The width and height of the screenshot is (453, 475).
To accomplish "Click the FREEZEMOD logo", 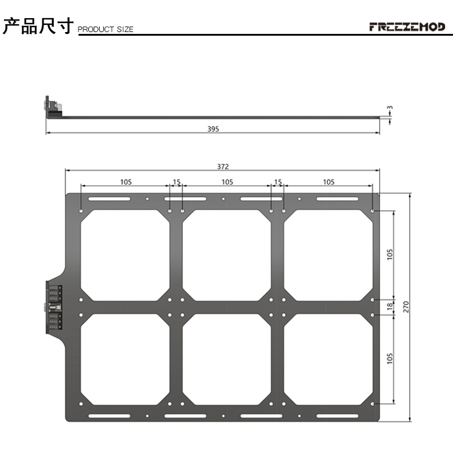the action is tap(407, 27).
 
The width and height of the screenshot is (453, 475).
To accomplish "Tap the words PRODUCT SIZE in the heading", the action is tap(106, 30).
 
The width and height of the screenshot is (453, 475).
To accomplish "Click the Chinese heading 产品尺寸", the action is tap(38, 26).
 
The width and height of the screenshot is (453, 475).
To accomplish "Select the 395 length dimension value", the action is tap(213, 129).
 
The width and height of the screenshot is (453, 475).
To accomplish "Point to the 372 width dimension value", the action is tap(223, 166).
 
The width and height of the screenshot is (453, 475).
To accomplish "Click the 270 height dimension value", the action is tap(406, 307).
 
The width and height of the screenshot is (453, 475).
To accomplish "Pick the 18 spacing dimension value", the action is tap(390, 306).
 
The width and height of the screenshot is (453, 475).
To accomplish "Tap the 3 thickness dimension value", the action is tap(390, 108).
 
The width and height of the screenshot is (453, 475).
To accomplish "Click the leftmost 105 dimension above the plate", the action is tap(126, 182).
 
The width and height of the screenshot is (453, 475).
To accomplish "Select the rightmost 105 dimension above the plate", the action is tap(329, 182).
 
